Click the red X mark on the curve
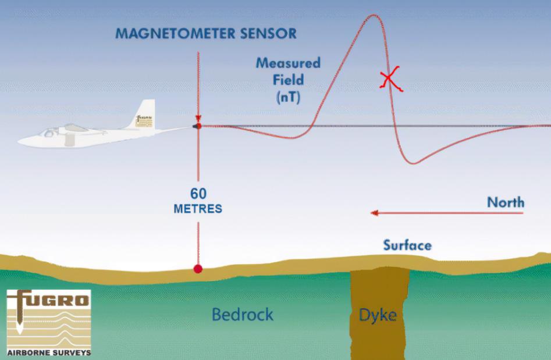392,79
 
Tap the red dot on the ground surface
198,269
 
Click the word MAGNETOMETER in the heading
172,33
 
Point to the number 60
198,194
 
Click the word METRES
198,209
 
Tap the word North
505,202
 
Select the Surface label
407,245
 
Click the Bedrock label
242,315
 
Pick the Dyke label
378,315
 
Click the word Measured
288,63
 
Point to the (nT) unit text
288,97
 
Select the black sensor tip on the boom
198,126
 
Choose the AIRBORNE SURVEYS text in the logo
49,352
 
